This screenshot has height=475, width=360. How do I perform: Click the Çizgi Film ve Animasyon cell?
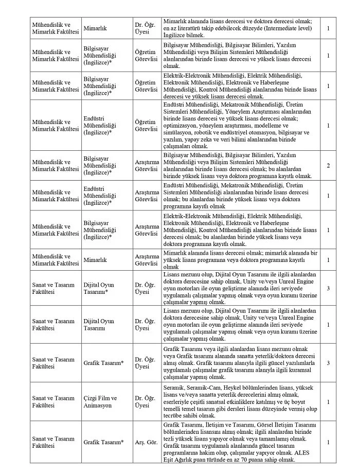point(100,402)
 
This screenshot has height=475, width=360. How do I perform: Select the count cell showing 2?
point(328,166)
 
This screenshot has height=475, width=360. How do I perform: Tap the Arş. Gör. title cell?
point(145,442)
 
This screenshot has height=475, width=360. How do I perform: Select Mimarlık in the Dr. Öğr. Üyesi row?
point(95,25)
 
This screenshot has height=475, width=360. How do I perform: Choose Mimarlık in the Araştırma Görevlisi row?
point(95,260)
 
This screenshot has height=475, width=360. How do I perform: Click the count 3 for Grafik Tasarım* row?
point(328,363)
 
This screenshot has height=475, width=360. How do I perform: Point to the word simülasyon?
point(179,132)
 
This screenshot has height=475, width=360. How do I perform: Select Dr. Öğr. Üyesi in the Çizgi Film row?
point(145,402)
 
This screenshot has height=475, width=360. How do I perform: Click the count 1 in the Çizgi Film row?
point(328,402)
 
